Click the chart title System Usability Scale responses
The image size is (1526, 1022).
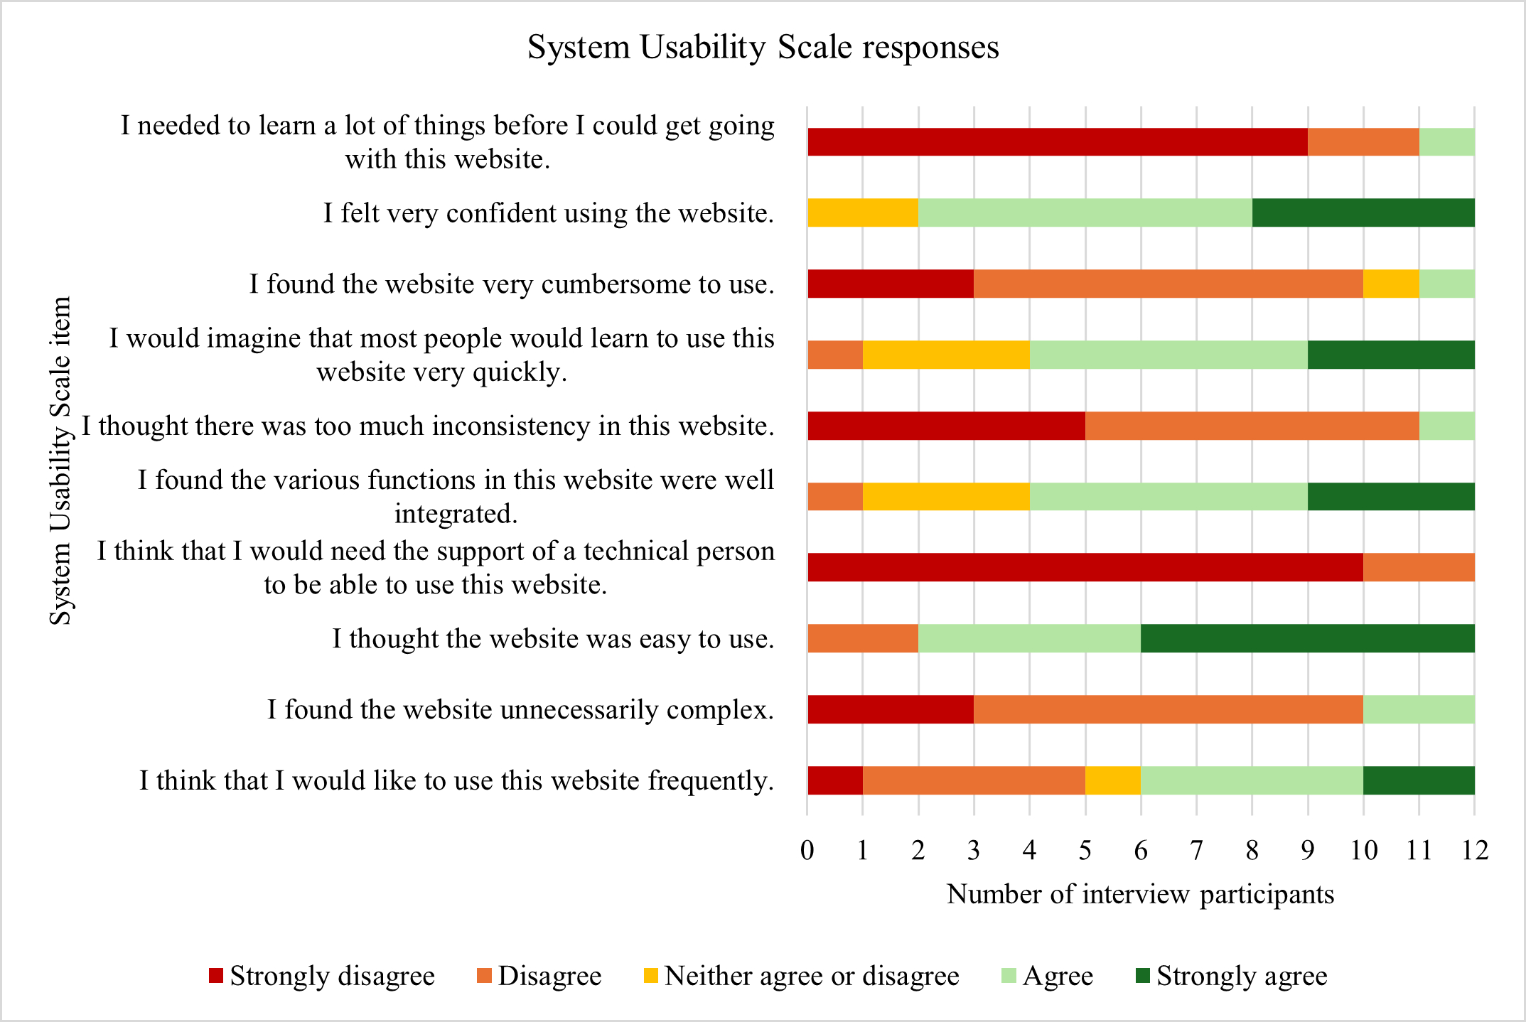[763, 48]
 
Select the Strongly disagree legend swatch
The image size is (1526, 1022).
[216, 976]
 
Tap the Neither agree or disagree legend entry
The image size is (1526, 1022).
[801, 976]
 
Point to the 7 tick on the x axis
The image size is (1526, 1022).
[1196, 850]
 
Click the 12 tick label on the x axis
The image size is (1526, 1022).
[1475, 850]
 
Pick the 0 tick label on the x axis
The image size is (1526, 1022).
[807, 850]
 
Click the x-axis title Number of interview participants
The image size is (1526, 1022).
[1140, 894]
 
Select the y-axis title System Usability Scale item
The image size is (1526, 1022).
[61, 461]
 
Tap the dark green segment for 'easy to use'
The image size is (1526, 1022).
[1308, 638]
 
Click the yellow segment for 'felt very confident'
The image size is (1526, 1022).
[863, 213]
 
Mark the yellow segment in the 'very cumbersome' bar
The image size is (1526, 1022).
[1391, 284]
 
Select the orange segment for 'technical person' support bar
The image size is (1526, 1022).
[1419, 567]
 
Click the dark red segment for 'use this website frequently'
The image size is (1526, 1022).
[835, 780]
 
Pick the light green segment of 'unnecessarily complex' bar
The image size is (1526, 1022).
[1419, 709]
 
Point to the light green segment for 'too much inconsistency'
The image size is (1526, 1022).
[1446, 426]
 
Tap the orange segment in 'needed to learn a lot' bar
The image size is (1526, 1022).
[1363, 142]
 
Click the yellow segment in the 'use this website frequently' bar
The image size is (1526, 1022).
[1113, 780]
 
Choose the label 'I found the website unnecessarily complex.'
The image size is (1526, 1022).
[520, 709]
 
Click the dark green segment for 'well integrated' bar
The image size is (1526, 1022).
[1391, 496]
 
